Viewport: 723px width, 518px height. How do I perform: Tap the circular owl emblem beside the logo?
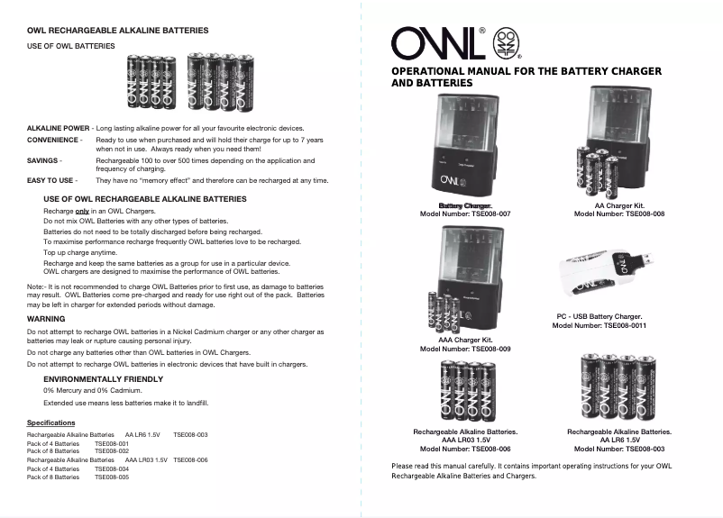click(508, 42)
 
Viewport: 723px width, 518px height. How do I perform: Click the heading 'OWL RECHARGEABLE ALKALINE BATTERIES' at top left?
click(117, 31)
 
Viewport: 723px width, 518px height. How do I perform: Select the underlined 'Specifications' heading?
click(51, 423)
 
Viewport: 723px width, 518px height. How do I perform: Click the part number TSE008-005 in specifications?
click(112, 477)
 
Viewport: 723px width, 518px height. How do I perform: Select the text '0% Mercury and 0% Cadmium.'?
click(87, 390)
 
